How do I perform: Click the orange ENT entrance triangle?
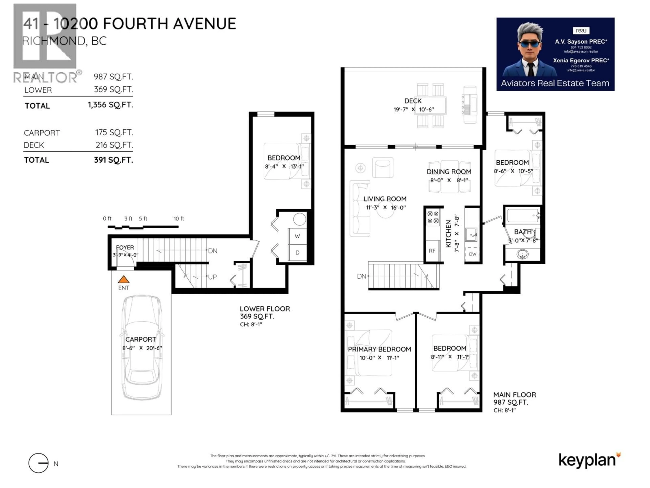click(123, 279)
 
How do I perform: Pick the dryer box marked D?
click(297, 252)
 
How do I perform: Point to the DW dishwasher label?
click(472, 254)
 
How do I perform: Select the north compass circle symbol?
click(38, 463)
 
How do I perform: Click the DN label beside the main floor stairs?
click(361, 276)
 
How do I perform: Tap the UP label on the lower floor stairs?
click(212, 277)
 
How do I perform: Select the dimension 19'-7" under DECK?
click(401, 109)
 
